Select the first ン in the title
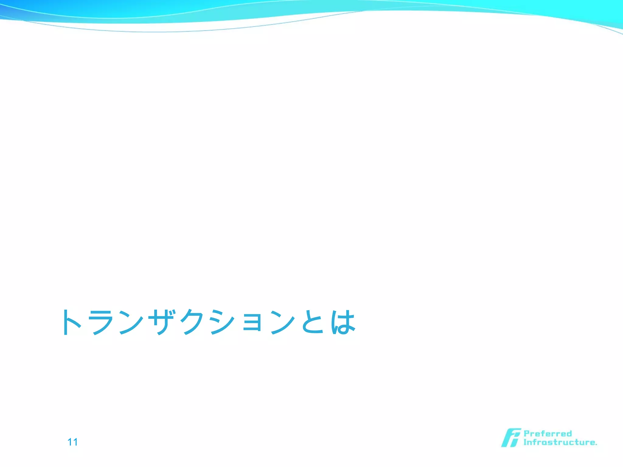tap(131, 322)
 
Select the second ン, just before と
tap(283, 322)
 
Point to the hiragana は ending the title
tap(343, 322)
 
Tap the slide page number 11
tap(72, 442)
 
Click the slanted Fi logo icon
tap(511, 438)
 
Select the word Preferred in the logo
tap(548, 434)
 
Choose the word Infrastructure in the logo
tap(559, 442)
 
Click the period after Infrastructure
tap(596, 444)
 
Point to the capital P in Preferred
tap(527, 434)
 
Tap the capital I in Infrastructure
tap(525, 442)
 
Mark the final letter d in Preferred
tap(569, 434)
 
